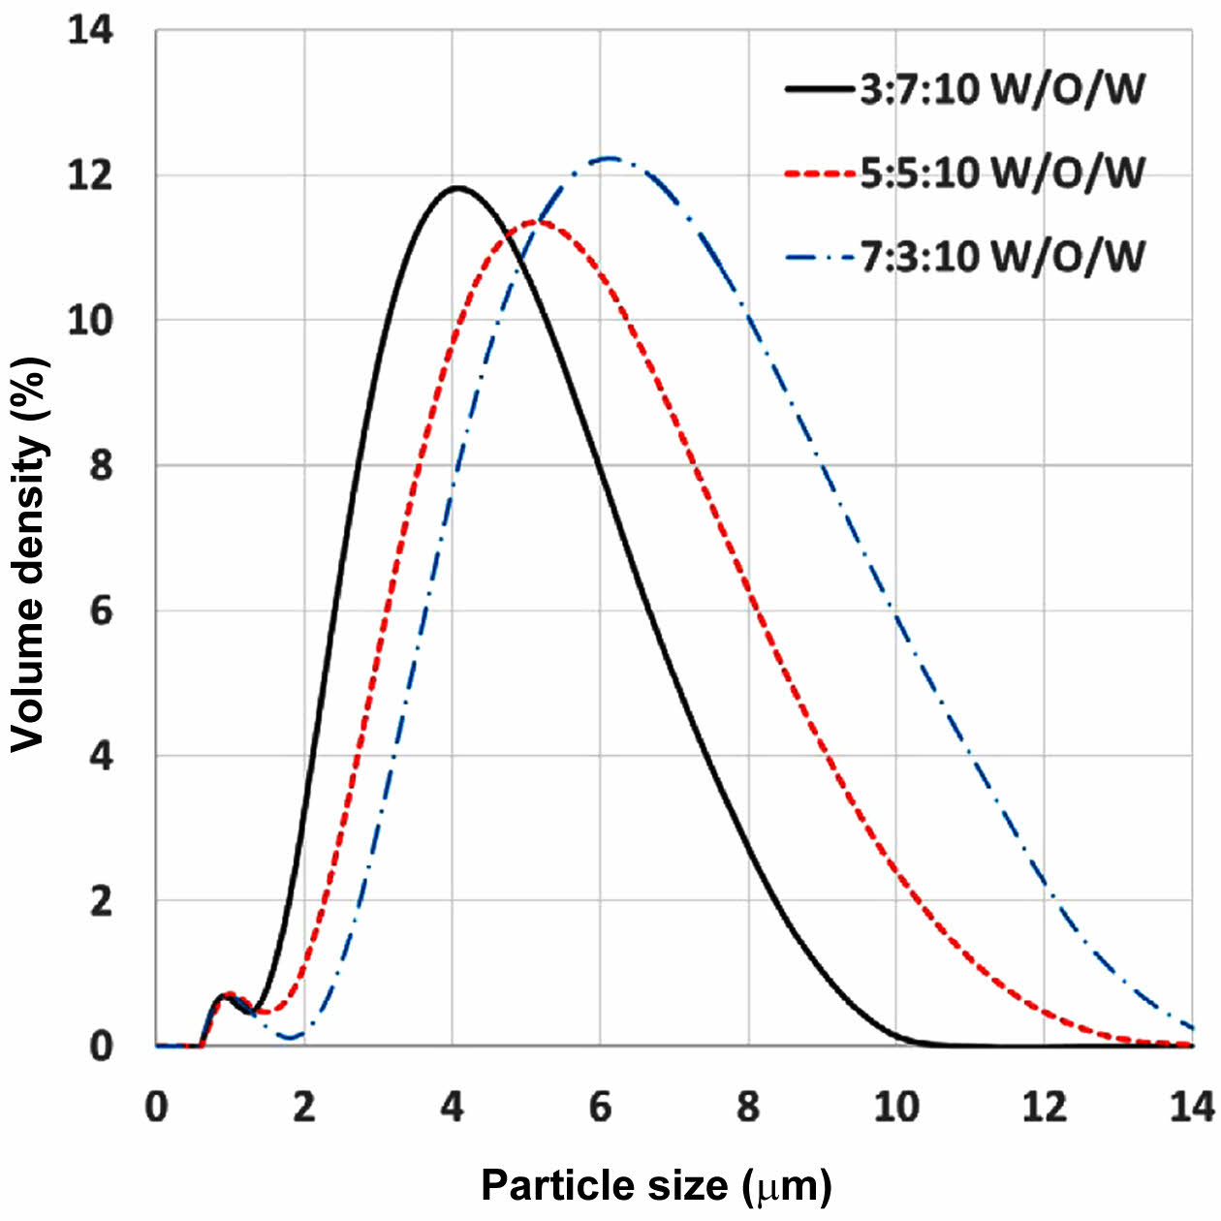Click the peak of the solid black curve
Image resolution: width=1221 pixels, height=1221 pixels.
(455, 187)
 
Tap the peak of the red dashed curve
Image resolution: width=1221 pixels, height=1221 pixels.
(536, 222)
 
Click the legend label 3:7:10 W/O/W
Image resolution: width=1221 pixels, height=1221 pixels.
(1002, 89)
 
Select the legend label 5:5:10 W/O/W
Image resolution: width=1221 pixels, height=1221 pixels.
(1002, 172)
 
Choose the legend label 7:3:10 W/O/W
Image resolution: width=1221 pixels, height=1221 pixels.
(1002, 257)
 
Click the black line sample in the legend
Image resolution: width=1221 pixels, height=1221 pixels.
(820, 89)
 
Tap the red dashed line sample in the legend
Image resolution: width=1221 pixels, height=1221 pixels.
(820, 173)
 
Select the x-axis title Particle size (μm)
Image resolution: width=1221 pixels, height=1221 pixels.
(656, 1185)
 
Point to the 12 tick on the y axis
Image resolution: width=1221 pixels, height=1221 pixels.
(90, 175)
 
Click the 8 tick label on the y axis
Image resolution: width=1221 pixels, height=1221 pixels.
(101, 465)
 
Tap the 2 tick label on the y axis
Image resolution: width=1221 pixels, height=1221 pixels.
(101, 901)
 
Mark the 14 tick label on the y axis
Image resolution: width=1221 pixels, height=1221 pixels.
(90, 30)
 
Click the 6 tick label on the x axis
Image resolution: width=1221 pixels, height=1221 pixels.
(601, 1106)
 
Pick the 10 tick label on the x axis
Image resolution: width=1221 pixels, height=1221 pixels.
(896, 1106)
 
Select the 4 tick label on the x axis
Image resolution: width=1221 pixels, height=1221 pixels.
(453, 1106)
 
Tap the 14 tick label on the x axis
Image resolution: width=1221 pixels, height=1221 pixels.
(1192, 1106)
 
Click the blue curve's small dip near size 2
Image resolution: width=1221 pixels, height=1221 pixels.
(290, 1038)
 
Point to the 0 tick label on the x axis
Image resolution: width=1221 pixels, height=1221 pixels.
(157, 1106)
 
